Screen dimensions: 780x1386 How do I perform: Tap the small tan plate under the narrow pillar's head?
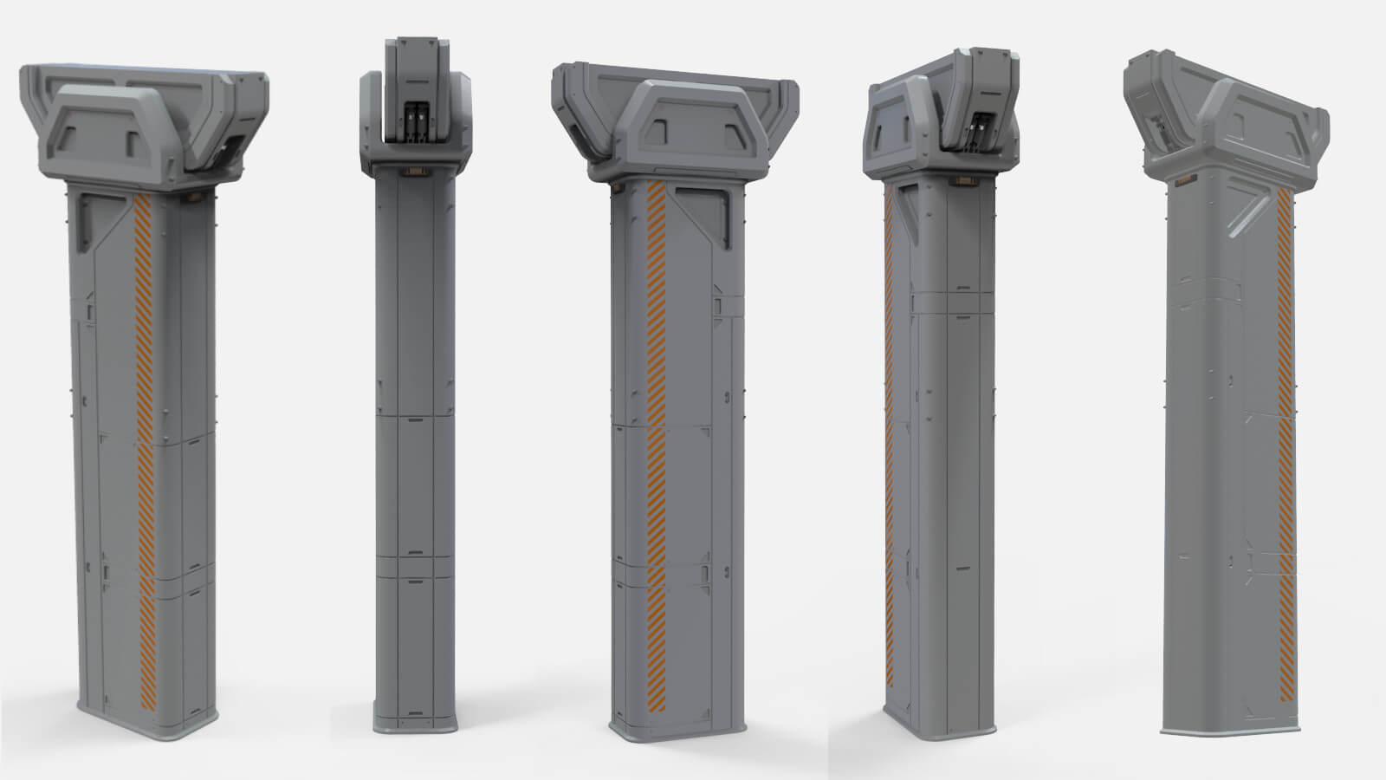[416, 173]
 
